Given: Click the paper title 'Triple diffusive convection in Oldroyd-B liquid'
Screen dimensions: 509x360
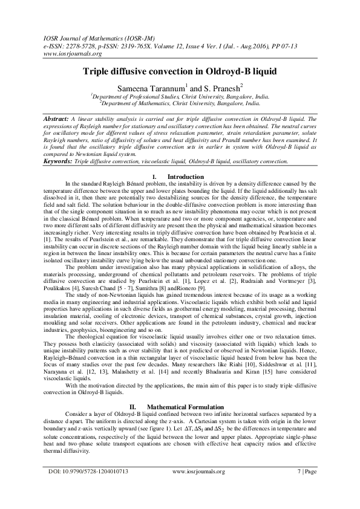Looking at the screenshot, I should tap(180, 71).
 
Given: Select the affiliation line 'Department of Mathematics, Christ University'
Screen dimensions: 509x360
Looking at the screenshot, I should tap(180, 103).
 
